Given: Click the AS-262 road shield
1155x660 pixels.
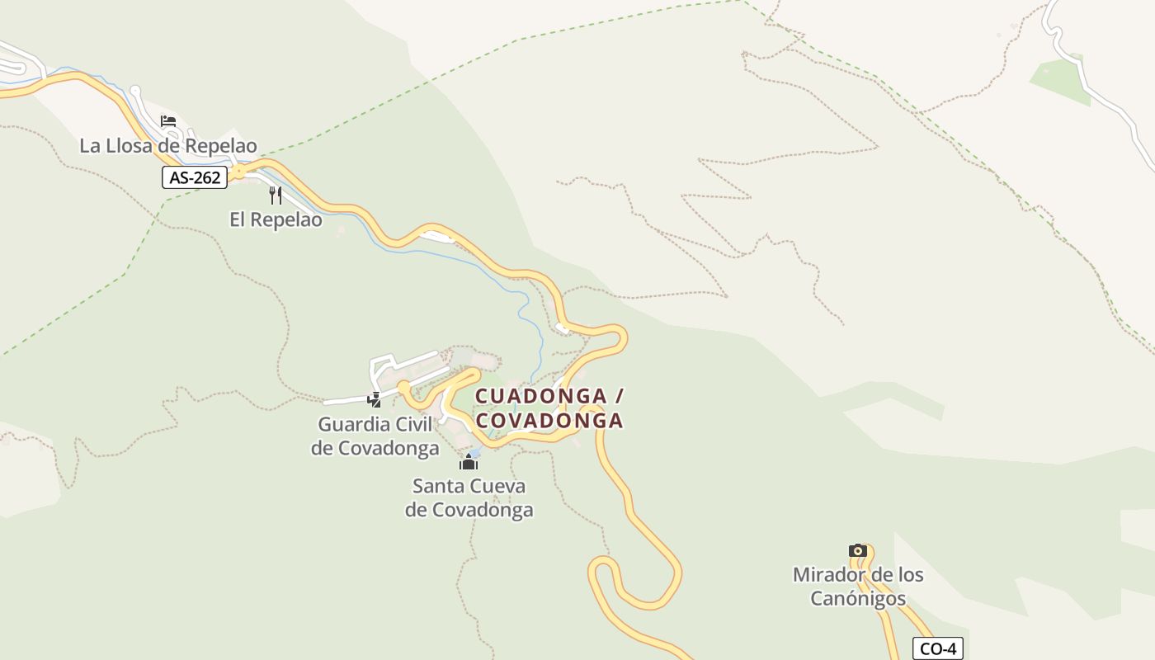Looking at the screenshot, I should [195, 177].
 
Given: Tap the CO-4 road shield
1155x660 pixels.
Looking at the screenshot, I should [938, 648].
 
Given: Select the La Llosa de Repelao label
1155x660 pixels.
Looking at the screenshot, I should [168, 146].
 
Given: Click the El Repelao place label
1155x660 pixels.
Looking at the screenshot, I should [276, 220].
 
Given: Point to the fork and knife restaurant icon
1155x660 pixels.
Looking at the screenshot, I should [276, 196].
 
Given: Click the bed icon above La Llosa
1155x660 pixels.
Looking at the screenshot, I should [168, 121].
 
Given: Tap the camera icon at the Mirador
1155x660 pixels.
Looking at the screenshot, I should [858, 550].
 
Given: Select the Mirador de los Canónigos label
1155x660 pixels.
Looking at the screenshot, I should [858, 587].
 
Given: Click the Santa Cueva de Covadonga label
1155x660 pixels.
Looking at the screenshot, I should [469, 497].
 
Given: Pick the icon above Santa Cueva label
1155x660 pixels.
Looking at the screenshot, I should [469, 462].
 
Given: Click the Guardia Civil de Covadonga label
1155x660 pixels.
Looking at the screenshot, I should [375, 436].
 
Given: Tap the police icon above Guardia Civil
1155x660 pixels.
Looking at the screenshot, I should [375, 400].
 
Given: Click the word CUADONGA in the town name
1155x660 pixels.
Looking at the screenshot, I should [540, 397].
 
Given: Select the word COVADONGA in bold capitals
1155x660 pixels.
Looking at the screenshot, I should [549, 421].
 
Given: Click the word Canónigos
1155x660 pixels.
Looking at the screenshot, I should [858, 599].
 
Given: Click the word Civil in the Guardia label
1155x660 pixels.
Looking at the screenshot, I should [413, 425].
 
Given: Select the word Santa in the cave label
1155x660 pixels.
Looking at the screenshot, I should [438, 486].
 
